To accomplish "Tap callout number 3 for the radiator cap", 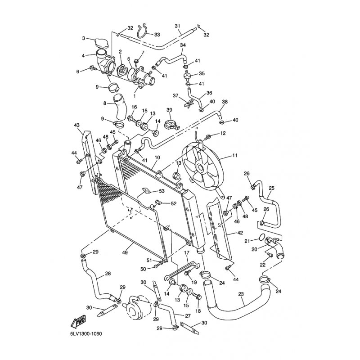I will tap(83, 38).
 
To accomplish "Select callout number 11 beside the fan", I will tap(234, 156).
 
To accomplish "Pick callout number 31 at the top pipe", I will tap(177, 25).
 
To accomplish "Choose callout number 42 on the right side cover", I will tap(240, 234).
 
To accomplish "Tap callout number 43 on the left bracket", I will tap(76, 125).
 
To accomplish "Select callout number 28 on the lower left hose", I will tap(108, 274).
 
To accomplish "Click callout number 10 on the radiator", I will tap(157, 157).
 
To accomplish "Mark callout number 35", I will tap(202, 73).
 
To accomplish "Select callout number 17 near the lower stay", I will tap(185, 254).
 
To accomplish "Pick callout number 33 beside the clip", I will tap(157, 34).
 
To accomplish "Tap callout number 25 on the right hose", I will tap(271, 188).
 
